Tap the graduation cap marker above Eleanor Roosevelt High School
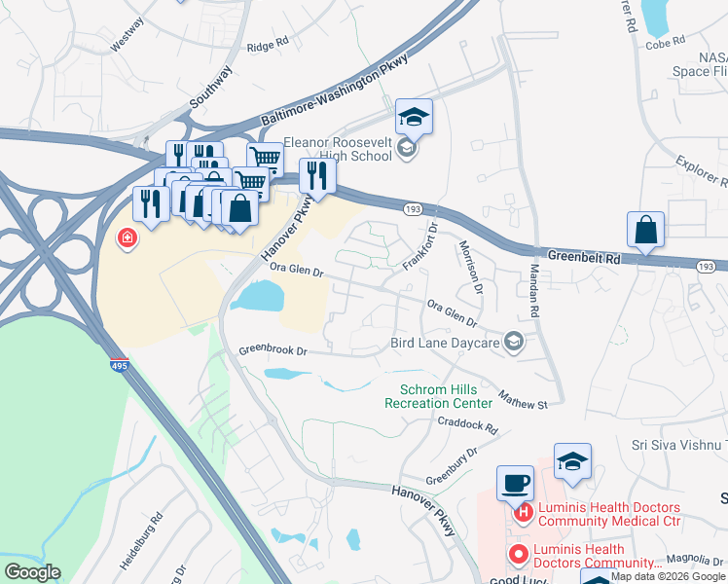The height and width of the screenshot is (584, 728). (x=414, y=118)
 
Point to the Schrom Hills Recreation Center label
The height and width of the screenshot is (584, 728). (x=439, y=396)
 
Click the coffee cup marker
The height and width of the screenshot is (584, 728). (x=515, y=483)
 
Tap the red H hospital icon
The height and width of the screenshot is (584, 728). (x=524, y=512)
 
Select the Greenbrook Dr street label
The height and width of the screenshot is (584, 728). (x=273, y=350)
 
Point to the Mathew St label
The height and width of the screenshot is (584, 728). (x=524, y=399)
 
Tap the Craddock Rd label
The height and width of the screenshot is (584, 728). (x=467, y=426)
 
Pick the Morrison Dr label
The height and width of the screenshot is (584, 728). (x=470, y=268)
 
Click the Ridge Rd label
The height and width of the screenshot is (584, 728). (x=268, y=44)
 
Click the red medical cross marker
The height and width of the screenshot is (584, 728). (x=127, y=237)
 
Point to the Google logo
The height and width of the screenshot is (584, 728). (x=32, y=572)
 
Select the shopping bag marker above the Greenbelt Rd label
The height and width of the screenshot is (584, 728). (x=645, y=231)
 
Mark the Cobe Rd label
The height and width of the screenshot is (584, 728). (x=666, y=41)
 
